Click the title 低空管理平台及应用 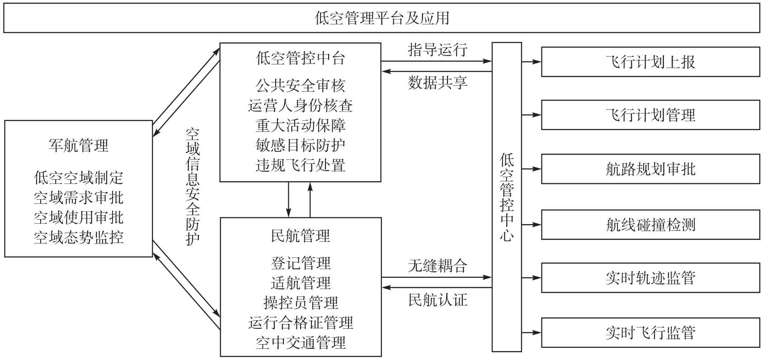[x=382, y=18]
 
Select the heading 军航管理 [x=79, y=146]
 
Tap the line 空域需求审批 [x=79, y=198]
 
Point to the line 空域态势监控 [x=79, y=238]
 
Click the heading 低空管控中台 [x=301, y=58]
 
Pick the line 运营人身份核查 [x=301, y=106]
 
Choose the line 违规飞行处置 [x=301, y=166]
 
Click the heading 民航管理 [x=301, y=236]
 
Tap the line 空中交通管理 [x=301, y=343]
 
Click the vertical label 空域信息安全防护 [x=193, y=187]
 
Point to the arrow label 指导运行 [x=437, y=50]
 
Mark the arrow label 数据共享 [x=437, y=83]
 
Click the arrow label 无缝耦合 [x=437, y=266]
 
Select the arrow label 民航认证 [x=437, y=300]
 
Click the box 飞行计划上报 [x=650, y=62]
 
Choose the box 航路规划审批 [x=650, y=169]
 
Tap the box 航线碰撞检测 [x=650, y=224]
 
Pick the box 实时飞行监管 [x=650, y=333]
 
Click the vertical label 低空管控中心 [x=507, y=197]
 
